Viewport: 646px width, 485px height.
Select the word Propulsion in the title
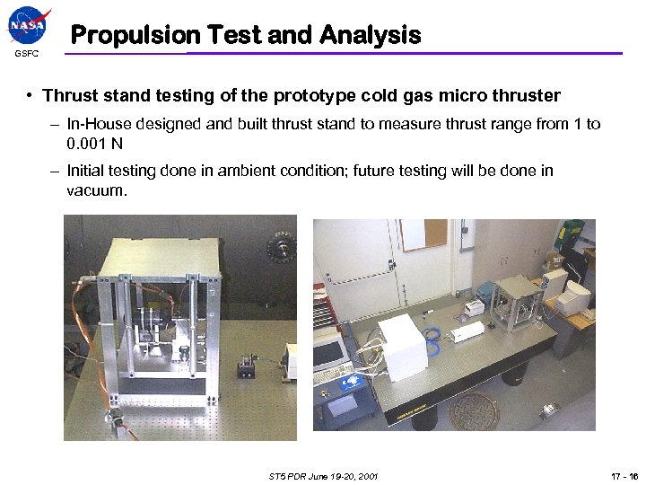[x=135, y=35]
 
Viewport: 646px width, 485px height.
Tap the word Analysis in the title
[x=369, y=35]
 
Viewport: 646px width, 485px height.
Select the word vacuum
[x=98, y=191]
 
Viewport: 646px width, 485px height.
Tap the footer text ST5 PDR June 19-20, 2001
[x=322, y=475]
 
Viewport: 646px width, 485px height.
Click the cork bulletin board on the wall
[x=423, y=234]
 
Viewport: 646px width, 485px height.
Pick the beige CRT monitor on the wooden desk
[x=575, y=295]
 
